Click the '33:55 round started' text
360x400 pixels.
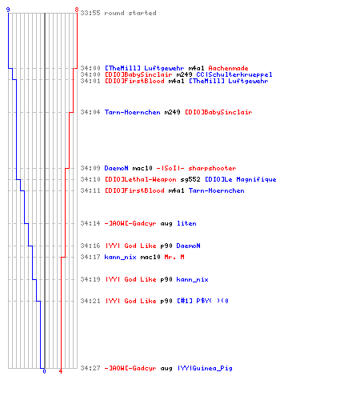[118, 13]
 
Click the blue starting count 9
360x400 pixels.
[8, 10]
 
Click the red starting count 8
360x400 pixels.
[77, 10]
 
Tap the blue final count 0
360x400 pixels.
[44, 371]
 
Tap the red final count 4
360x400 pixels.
[61, 371]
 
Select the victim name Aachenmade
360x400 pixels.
[228, 68]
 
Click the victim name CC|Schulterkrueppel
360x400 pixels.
[234, 74]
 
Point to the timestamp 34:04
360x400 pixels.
[90, 112]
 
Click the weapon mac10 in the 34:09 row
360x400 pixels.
[142, 168]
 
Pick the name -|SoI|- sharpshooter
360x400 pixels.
[196, 168]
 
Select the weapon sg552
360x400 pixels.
[190, 179]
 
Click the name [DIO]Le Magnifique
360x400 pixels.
[241, 179]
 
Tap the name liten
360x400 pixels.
[186, 223]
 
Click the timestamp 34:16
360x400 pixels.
[90, 246]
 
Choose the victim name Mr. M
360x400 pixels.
[174, 257]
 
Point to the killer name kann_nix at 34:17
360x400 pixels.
[120, 257]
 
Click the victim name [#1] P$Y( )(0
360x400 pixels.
[202, 301]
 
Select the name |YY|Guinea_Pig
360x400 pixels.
[205, 368]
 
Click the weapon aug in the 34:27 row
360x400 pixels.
[166, 369]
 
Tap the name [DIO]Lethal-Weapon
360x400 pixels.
[141, 179]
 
